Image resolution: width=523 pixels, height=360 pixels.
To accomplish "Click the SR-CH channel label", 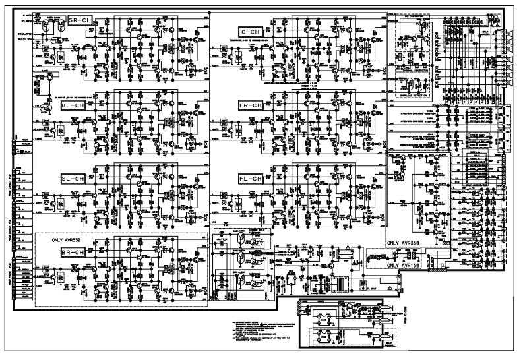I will (x=80, y=22).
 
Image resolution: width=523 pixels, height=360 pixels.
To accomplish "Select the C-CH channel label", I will (x=251, y=32).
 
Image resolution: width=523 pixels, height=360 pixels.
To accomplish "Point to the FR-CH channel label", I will (x=251, y=105).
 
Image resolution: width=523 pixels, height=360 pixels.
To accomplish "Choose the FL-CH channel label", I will (x=251, y=179).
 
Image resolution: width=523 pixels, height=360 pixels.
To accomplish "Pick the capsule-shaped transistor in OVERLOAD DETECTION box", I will (x=410, y=84).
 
